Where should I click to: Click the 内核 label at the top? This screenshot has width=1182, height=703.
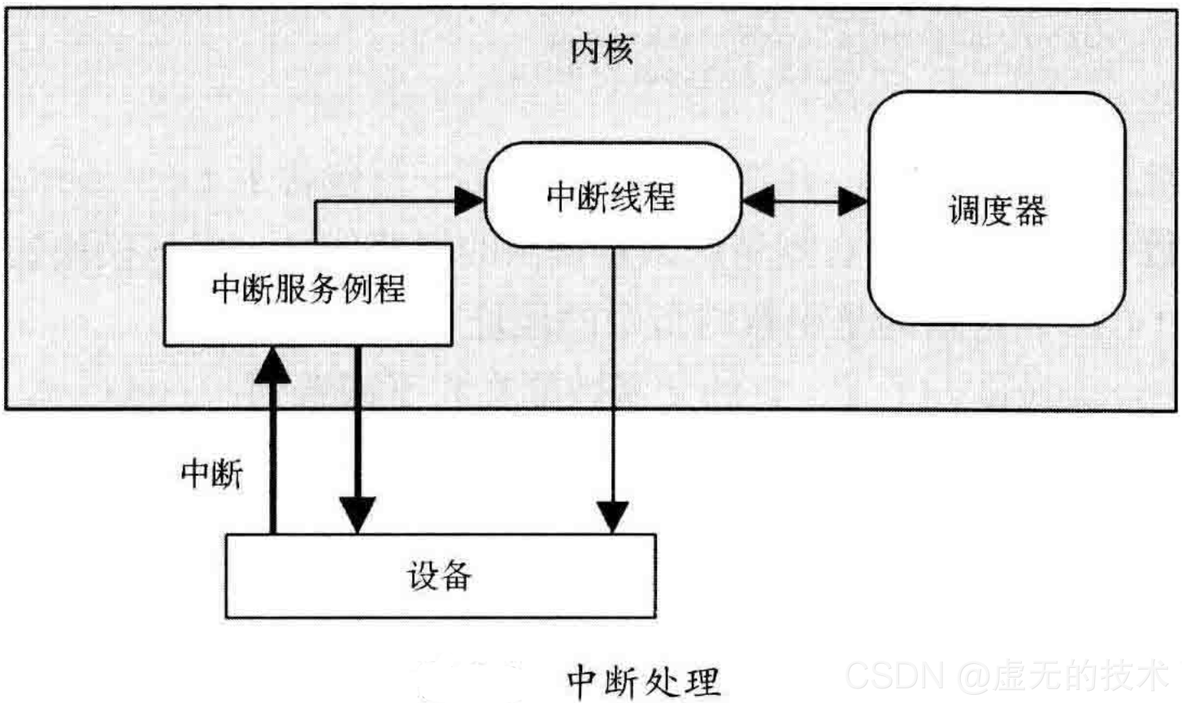coord(602,50)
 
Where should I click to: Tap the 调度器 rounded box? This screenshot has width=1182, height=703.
coord(997,209)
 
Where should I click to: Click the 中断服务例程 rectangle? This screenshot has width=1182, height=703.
coord(308,294)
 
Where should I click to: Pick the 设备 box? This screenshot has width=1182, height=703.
coord(440,575)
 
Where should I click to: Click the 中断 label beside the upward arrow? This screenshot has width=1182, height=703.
coord(212,473)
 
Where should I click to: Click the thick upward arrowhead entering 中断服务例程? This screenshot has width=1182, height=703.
coord(272,366)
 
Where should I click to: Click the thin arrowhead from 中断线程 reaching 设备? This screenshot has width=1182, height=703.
coord(613,517)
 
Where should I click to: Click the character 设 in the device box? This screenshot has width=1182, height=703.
coord(423,575)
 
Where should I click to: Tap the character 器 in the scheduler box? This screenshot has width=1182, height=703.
coord(1031,210)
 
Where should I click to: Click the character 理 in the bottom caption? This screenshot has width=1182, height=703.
coord(702,681)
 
